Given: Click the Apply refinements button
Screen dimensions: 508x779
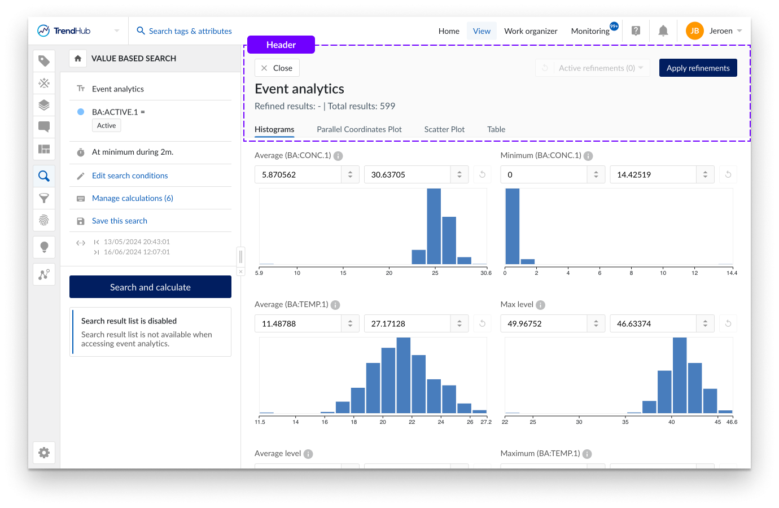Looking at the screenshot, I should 698,68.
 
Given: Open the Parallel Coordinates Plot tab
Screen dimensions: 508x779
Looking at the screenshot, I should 359,129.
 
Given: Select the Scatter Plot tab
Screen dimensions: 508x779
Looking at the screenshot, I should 444,129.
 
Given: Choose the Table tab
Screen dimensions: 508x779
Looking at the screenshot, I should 496,129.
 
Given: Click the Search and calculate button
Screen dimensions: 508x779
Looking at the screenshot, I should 150,287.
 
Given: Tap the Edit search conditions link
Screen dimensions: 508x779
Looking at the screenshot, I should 130,176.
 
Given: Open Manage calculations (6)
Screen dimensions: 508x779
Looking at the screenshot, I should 132,198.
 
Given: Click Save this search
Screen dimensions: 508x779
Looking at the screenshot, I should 119,221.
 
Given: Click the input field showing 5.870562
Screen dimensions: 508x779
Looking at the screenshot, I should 298,174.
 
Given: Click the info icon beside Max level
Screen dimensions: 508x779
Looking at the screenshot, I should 540,305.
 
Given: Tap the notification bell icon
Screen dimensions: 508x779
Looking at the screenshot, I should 663,31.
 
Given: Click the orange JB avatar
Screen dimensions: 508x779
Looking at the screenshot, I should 694,31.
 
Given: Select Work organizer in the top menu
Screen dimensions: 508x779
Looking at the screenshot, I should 531,31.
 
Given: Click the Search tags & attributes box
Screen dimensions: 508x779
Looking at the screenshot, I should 190,31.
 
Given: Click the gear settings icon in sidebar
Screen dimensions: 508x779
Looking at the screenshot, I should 44,453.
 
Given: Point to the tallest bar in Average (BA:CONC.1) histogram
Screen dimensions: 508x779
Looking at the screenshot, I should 434,226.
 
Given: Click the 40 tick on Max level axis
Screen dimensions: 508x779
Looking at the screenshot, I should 671,422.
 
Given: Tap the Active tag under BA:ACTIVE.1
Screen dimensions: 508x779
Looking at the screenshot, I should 106,125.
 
